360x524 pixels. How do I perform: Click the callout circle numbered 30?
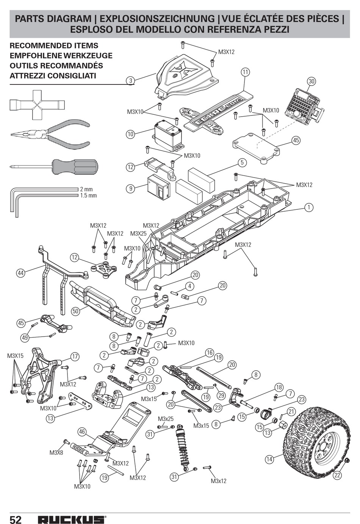pyautogui.click(x=311, y=81)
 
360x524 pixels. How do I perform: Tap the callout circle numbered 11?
pyautogui.click(x=245, y=72)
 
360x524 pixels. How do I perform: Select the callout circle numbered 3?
pyautogui.click(x=131, y=81)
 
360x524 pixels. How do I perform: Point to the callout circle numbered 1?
pyautogui.click(x=309, y=207)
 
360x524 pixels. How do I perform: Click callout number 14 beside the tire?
pyautogui.click(x=269, y=459)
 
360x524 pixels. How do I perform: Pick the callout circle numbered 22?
pyautogui.click(x=337, y=475)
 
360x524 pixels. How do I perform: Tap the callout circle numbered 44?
pyautogui.click(x=21, y=273)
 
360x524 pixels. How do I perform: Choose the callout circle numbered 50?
pyautogui.click(x=75, y=311)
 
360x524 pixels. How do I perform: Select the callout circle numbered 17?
pyautogui.click(x=75, y=357)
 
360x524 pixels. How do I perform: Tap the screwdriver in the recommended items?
pyautogui.click(x=54, y=167)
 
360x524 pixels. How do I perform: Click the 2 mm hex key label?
pyautogui.click(x=86, y=189)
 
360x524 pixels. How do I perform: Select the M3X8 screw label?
pyautogui.click(x=56, y=452)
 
